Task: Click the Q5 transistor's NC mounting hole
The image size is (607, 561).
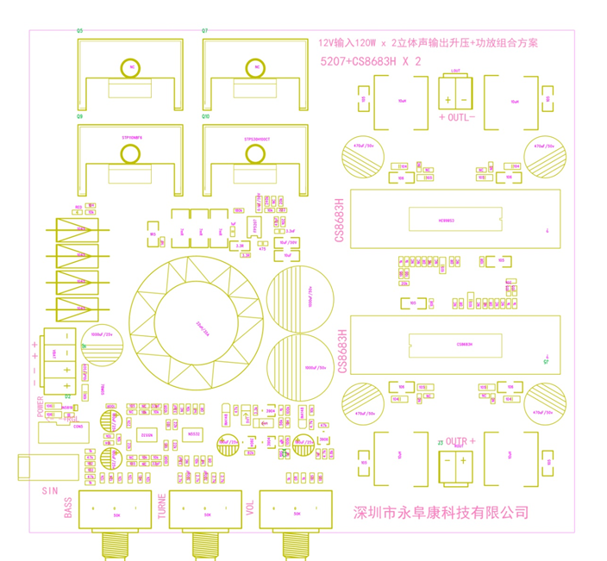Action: tap(131, 66)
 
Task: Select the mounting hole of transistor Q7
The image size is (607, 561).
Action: tap(254, 66)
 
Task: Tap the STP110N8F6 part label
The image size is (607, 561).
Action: tap(131, 138)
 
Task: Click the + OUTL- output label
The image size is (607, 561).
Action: tap(456, 116)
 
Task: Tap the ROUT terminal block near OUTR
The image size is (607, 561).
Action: tap(455, 465)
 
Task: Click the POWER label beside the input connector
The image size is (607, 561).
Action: tap(41, 406)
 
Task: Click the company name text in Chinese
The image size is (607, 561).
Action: tap(441, 513)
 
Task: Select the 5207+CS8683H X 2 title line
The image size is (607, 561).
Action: tap(370, 62)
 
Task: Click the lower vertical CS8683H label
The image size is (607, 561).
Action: tap(341, 349)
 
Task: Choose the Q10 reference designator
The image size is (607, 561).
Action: tap(205, 115)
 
